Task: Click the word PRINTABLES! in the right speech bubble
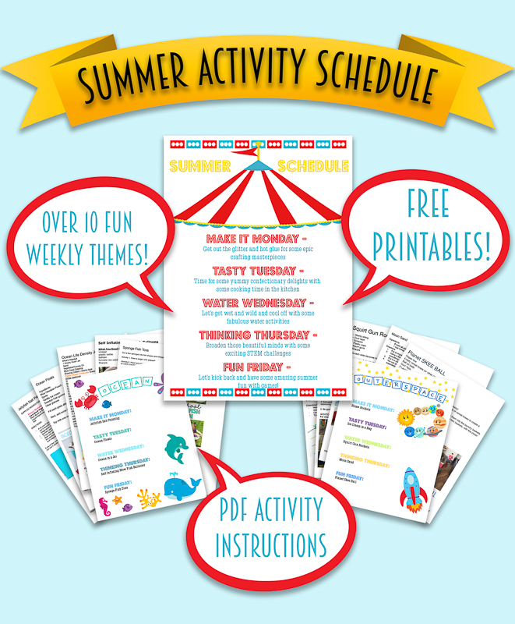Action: point(432,245)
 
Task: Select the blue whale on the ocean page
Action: point(182,487)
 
